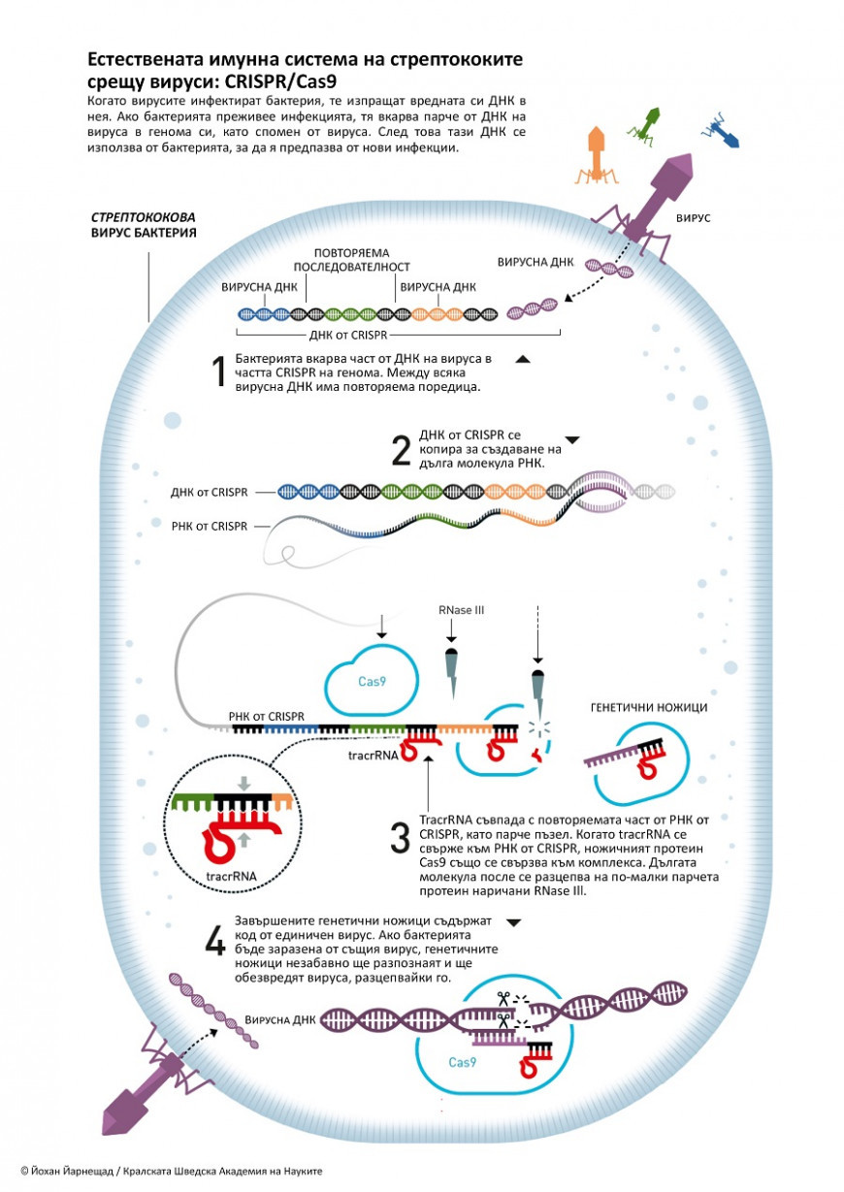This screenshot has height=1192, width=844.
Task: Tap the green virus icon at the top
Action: (x=644, y=123)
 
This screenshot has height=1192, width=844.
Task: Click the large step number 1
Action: (x=219, y=372)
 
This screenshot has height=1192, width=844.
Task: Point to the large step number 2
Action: (x=401, y=451)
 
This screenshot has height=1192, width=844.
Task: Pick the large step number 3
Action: (x=401, y=837)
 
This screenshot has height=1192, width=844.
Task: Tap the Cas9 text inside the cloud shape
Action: (x=372, y=682)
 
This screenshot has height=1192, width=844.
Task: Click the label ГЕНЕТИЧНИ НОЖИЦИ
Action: (x=648, y=707)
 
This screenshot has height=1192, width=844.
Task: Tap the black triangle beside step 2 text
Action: (x=572, y=440)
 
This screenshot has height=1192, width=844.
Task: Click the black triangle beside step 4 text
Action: (x=514, y=922)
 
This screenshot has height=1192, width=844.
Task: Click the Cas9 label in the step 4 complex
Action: (x=463, y=1062)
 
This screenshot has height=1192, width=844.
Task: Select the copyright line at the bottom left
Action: (x=171, y=1171)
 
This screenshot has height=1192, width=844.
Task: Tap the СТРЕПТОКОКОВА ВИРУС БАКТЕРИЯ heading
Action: (x=144, y=226)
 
